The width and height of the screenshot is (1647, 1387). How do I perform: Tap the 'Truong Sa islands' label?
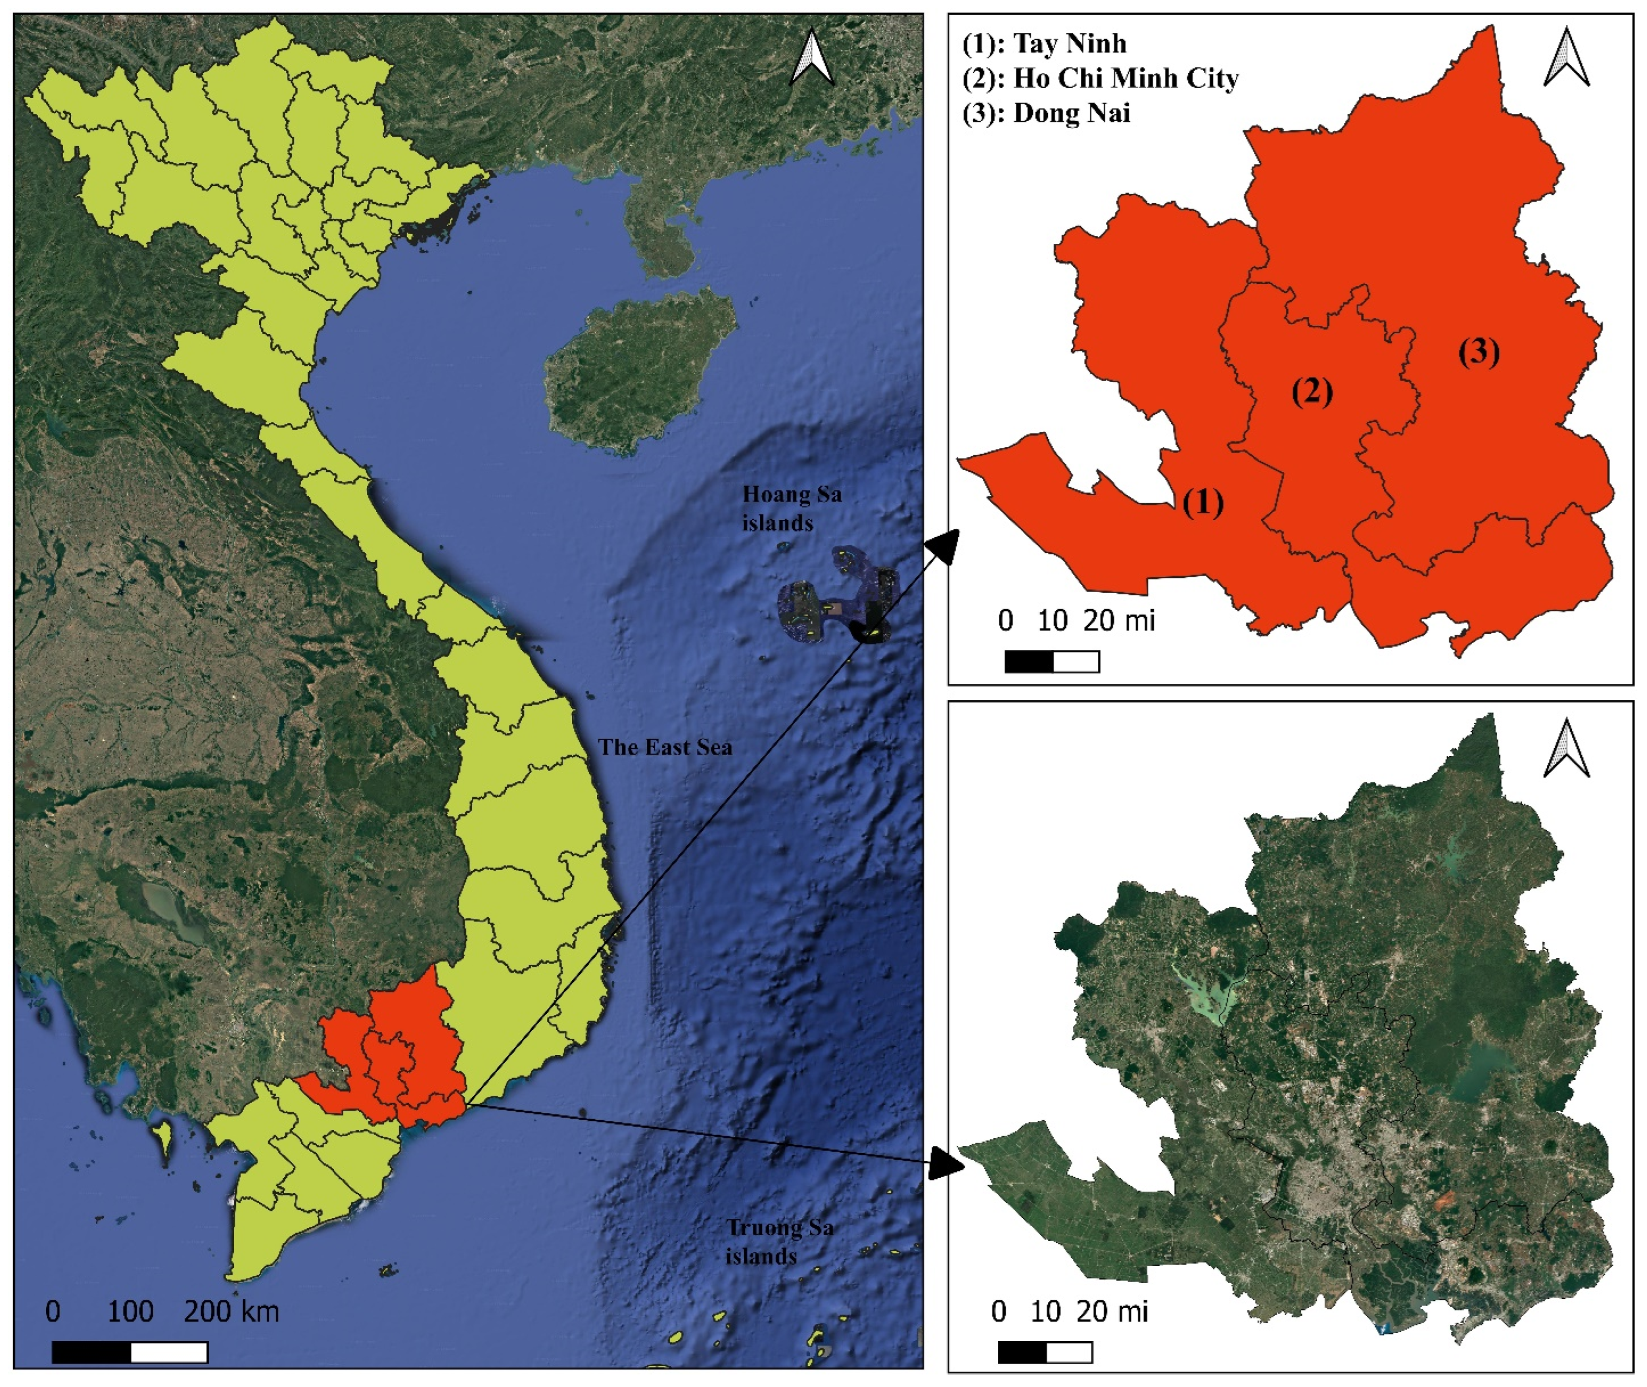coord(778,1241)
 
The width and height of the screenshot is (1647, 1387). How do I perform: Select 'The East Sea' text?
coord(665,747)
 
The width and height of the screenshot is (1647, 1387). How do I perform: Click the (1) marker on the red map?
coord(1203,502)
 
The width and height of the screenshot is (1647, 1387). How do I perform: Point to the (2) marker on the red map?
coord(1312,391)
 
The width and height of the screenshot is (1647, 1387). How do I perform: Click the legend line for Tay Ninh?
coord(1045,43)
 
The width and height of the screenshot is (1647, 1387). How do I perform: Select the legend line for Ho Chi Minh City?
coord(1101,78)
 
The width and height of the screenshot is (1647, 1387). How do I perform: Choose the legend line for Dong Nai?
coord(1046,113)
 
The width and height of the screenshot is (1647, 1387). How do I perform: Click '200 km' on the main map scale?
coord(232,1311)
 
